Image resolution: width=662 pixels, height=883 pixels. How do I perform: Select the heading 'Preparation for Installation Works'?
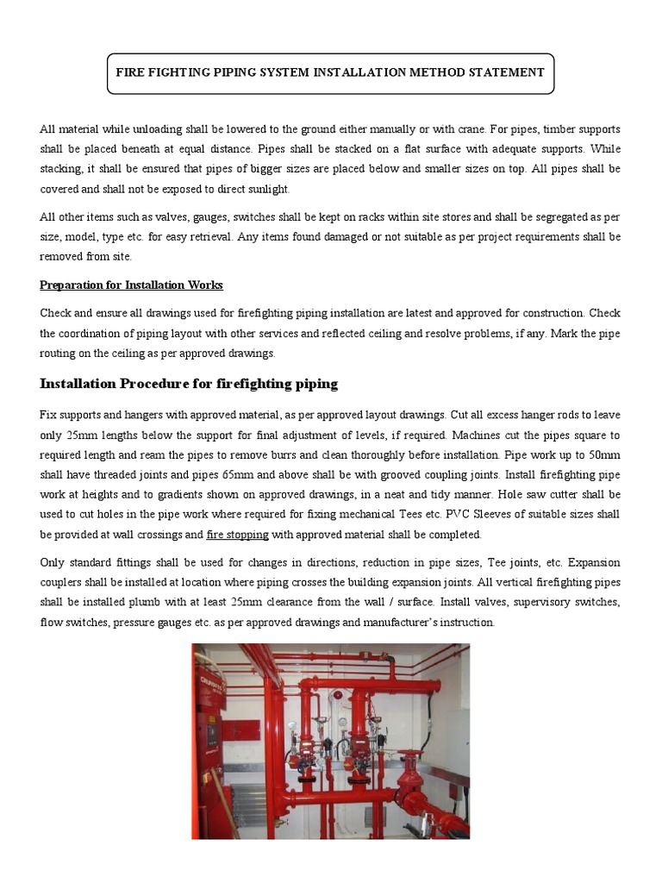(132, 285)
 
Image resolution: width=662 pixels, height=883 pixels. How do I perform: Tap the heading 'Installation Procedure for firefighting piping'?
(189, 384)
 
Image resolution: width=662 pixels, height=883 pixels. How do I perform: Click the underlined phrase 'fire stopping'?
(238, 535)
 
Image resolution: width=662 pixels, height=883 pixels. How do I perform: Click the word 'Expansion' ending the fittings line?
(595, 563)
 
